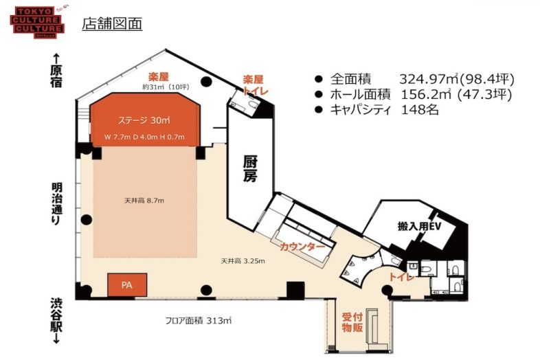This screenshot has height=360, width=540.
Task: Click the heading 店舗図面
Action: [x=111, y=23]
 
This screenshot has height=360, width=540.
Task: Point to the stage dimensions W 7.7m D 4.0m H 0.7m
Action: [x=145, y=136]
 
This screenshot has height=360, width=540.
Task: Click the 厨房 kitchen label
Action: [x=250, y=169]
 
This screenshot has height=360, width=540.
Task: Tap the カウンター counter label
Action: [x=303, y=246]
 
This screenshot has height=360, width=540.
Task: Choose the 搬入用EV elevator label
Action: [x=418, y=227]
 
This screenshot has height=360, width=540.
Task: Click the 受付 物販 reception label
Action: [x=352, y=322]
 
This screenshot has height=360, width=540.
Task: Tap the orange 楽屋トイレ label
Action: [x=253, y=85]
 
